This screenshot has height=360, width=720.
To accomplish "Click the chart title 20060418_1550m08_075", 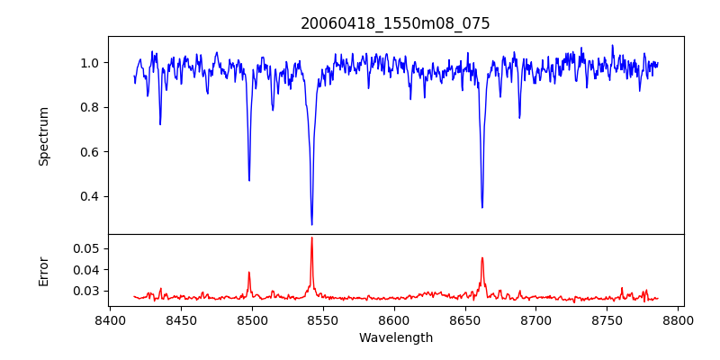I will (x=395, y=23).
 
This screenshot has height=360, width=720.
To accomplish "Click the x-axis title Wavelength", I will (x=395, y=338).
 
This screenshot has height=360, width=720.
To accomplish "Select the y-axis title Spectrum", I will (x=43, y=136).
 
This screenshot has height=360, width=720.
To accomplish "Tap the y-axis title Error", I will (x=43, y=270).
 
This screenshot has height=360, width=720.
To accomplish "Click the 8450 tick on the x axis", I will (x=181, y=319).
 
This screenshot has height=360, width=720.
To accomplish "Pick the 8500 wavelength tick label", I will (x=252, y=319).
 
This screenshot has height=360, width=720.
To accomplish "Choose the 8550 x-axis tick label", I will (x=323, y=319).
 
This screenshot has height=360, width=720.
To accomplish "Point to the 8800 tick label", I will (x=679, y=319).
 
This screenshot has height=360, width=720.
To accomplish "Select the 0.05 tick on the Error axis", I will (x=87, y=248).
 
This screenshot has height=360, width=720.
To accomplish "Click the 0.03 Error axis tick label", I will (x=87, y=291).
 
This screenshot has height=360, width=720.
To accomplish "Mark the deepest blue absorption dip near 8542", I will (x=311, y=224).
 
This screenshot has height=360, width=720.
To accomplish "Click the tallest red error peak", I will (x=311, y=238).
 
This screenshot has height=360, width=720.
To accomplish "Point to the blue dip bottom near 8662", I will (x=481, y=207).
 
